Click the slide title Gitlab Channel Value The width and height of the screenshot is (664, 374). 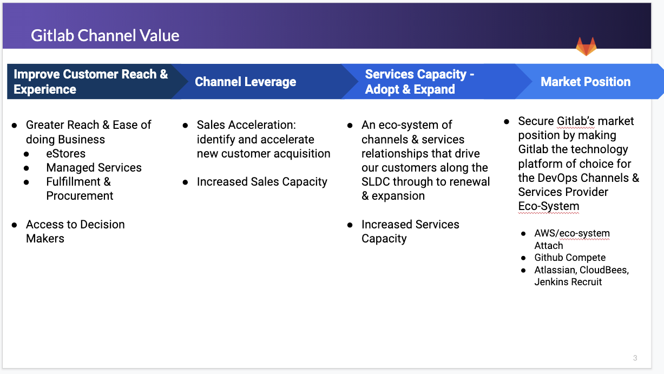pos(105,36)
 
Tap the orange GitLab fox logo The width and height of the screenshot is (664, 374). pos(586,46)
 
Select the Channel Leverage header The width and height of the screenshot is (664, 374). pos(246,82)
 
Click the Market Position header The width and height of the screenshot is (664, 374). pos(586,82)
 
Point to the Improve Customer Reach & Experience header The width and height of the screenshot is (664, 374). pos(91,82)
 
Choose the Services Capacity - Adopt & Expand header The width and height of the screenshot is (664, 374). pos(419,82)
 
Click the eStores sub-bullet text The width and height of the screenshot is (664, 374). pos(66,154)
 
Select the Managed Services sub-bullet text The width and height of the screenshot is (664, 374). pos(94,168)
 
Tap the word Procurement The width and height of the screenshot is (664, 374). pos(80,196)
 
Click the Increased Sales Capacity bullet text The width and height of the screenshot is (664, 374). pos(262,182)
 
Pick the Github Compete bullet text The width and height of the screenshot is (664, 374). pos(570,258)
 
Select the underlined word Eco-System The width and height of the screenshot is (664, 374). pos(549,206)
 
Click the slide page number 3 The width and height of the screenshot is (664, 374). pos(635,358)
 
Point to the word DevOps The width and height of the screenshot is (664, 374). pos(557,178)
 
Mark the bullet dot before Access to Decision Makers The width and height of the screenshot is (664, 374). pos(14,225)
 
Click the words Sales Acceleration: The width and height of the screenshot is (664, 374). pos(246,125)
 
